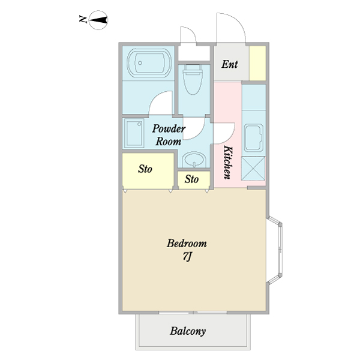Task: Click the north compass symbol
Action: point(98,20)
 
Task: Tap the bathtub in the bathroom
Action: point(149,62)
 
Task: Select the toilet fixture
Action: point(193,79)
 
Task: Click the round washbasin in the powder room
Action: point(194,160)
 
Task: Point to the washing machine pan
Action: point(134,133)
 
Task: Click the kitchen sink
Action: point(254,138)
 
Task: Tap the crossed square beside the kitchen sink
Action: point(253,168)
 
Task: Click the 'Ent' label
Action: point(230,64)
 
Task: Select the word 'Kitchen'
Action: point(228,162)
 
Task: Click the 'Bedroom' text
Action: point(187,244)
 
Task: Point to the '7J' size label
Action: point(187,256)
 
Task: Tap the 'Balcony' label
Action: point(188,331)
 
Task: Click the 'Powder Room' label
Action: point(169,135)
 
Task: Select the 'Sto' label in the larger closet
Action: point(145,169)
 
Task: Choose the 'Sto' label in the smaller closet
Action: point(192,179)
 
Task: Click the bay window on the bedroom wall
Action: point(275,250)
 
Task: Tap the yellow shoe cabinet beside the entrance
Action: point(257,63)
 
